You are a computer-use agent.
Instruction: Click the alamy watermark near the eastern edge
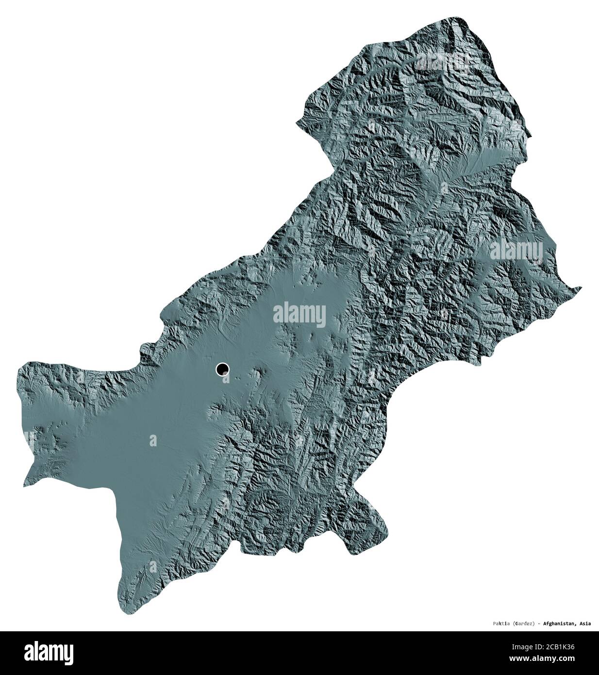pos(516,250)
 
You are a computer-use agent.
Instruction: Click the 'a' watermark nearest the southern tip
pos(154,566)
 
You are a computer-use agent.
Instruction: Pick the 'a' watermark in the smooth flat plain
pos(153,440)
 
